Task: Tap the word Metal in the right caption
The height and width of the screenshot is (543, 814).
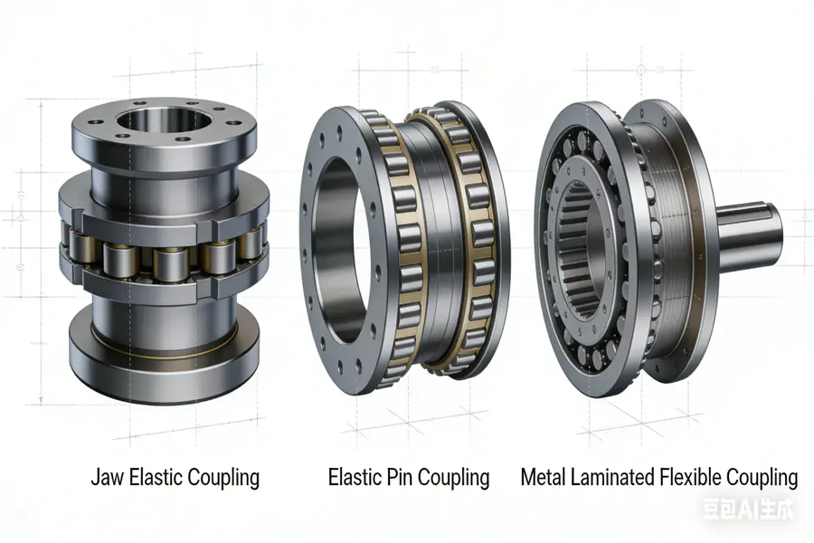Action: [x=544, y=477]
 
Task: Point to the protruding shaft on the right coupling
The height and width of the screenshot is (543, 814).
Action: [x=746, y=232]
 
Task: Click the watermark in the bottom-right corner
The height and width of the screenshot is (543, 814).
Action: [x=749, y=510]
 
